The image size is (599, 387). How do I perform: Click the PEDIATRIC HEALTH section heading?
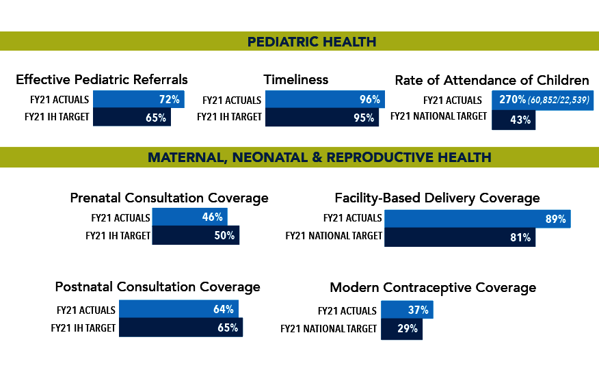[312, 42]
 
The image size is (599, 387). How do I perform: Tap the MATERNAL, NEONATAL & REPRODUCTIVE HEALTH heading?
[319, 157]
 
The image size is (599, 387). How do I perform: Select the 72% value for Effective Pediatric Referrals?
[170, 100]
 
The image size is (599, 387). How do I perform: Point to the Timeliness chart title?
[296, 79]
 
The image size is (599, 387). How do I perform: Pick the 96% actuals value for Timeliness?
[369, 100]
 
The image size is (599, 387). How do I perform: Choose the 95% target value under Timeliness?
[364, 118]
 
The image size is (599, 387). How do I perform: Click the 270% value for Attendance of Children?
[512, 100]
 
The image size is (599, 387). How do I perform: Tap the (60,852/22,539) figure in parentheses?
[559, 101]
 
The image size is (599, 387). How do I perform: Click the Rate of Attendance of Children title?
[492, 80]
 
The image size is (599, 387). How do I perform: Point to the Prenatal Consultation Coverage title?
[169, 198]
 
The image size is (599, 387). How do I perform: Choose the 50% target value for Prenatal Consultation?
[224, 235]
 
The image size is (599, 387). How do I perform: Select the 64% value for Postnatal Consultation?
[224, 310]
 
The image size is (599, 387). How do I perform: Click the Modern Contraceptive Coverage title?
[433, 287]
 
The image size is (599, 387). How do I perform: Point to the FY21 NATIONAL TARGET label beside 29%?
[329, 329]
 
